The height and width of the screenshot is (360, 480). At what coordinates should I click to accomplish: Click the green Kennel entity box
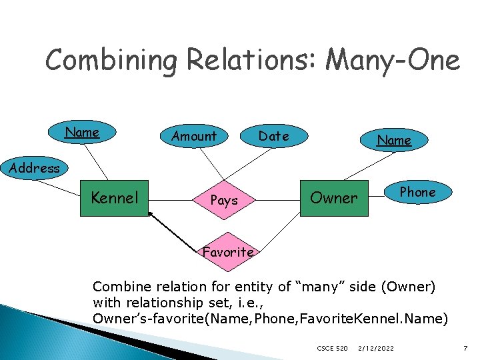[x=114, y=198]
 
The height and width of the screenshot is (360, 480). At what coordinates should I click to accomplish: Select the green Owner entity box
[x=334, y=198]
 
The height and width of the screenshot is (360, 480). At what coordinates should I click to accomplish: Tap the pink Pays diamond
[x=224, y=200]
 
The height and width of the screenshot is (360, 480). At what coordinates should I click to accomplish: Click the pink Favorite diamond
[x=228, y=252]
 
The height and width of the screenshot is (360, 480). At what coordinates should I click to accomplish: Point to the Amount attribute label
[x=193, y=137]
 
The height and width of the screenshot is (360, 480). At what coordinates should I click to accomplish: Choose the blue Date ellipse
[x=274, y=136]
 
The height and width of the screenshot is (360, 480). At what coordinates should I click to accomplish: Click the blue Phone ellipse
[x=417, y=192]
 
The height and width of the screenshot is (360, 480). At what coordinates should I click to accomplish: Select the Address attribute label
[x=34, y=168]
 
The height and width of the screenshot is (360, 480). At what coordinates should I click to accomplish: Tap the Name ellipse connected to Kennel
[x=83, y=133]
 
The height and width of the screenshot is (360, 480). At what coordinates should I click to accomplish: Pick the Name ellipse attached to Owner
[x=394, y=140]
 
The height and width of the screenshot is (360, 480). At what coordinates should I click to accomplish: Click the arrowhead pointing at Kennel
[x=151, y=215]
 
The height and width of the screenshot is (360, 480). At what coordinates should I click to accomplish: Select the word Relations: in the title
[x=251, y=61]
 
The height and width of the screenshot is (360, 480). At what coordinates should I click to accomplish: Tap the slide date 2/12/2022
[x=376, y=348]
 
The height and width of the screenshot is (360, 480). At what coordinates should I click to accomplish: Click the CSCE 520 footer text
[x=332, y=348]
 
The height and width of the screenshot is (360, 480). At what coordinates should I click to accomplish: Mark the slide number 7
[x=465, y=348]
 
